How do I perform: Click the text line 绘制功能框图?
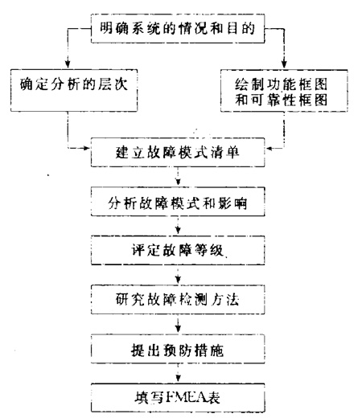(x=282, y=84)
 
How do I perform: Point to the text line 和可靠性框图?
(x=282, y=100)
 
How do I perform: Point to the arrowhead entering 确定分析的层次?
(x=68, y=64)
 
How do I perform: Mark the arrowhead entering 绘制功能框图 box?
(x=284, y=64)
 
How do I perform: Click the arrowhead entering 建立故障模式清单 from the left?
(x=86, y=148)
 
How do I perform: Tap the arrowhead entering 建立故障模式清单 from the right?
(x=269, y=148)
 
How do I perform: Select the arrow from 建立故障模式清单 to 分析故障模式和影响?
(x=178, y=177)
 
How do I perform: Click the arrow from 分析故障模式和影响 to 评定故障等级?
(x=178, y=226)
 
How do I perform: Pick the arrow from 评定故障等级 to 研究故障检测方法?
(x=178, y=275)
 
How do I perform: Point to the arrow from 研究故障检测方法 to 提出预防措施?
(x=178, y=324)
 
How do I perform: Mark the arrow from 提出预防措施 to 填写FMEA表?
(x=178, y=373)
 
